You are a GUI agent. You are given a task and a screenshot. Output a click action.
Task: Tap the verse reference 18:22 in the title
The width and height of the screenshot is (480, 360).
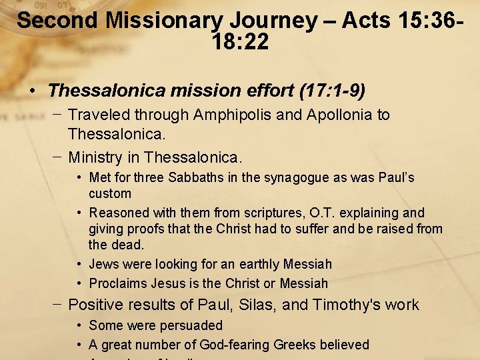tap(240, 43)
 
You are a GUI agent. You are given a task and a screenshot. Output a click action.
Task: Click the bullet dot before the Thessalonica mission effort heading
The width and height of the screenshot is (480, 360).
tap(33, 90)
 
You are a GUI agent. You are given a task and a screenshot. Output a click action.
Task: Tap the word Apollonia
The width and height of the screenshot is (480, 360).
tap(339, 115)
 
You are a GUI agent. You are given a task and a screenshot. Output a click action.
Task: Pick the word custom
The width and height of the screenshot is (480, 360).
tap(110, 194)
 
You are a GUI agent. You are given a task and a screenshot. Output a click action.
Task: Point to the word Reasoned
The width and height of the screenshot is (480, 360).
tap(117, 213)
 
